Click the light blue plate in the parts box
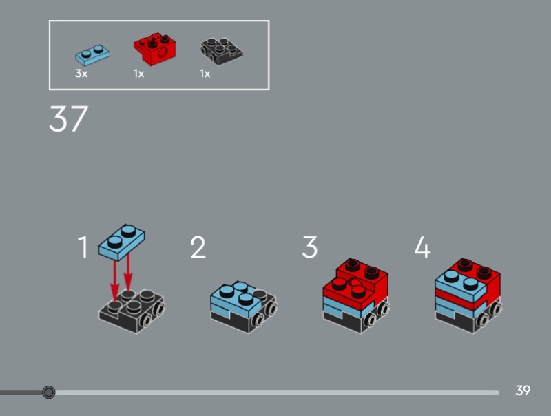pos(92,56)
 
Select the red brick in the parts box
pos(154,49)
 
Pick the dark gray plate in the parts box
pos(221,51)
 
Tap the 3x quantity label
pos(81,74)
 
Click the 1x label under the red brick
pos(139,74)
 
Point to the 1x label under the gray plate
pos(205,74)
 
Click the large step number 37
pos(68,118)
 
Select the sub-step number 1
pos(83,247)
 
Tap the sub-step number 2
pos(198,247)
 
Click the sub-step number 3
pos(309,247)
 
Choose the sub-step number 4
pos(422,247)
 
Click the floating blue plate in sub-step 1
pos(121,242)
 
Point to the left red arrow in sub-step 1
pos(115,280)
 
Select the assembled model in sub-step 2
pos(244,307)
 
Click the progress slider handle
pos(48,392)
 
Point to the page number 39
pos(523,391)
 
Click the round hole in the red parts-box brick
pos(163,54)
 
